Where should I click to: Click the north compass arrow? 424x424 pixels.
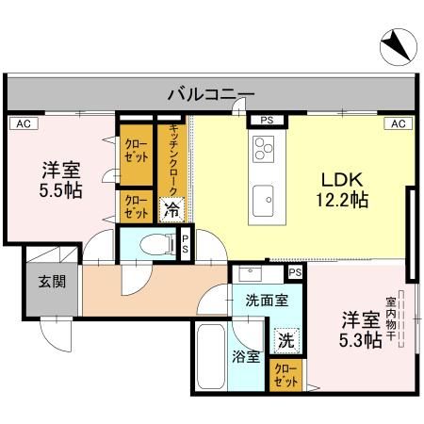(x=393, y=43)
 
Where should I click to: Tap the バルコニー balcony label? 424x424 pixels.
(x=211, y=94)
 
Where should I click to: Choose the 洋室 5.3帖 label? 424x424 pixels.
(x=362, y=329)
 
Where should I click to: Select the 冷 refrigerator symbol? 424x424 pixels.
(x=171, y=209)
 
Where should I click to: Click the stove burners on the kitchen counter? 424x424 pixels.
(x=264, y=147)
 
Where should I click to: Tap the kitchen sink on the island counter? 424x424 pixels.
(x=263, y=199)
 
